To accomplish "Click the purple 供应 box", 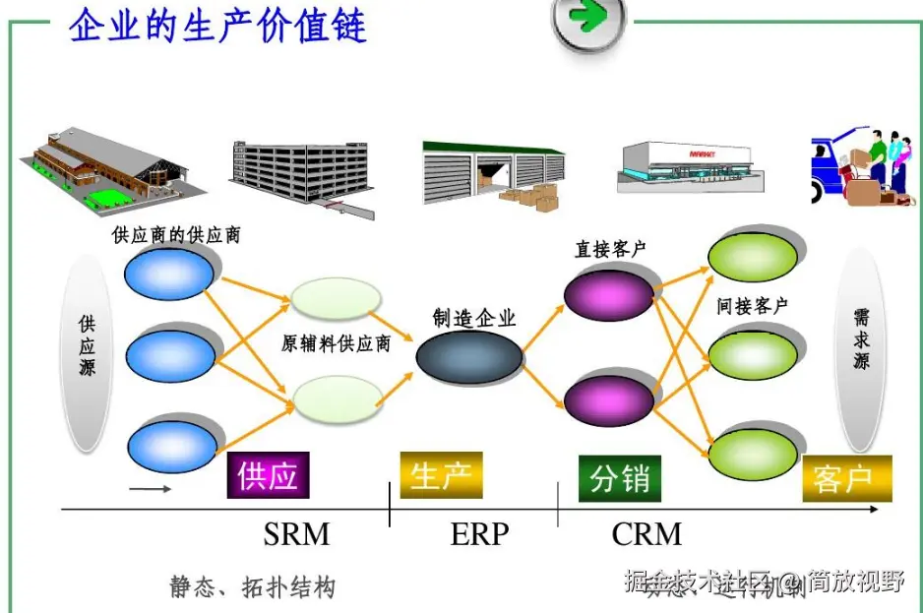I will (268, 476).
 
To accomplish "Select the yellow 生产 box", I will (441, 476).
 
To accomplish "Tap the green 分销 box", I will (620, 478).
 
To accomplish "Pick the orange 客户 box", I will (846, 479).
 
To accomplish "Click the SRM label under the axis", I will (296, 534).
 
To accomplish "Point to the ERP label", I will (479, 534).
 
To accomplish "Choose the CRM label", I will (646, 534).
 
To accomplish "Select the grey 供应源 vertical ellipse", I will (88, 351).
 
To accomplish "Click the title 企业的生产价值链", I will (217, 25).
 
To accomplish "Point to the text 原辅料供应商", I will (336, 343).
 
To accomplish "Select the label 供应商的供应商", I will (176, 235).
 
